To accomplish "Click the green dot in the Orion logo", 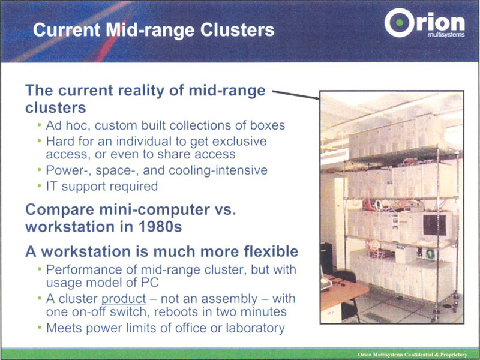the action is (400, 22).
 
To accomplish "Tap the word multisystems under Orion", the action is (446, 35).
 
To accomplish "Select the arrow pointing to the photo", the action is (296, 95).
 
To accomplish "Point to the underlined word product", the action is (124, 299).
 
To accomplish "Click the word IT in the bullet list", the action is (52, 186).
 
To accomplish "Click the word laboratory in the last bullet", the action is (256, 328).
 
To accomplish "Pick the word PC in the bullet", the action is (149, 282).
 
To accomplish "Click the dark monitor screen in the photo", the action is (434, 224).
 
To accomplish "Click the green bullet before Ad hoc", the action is (39, 125).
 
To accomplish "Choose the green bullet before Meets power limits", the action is (39, 328).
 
